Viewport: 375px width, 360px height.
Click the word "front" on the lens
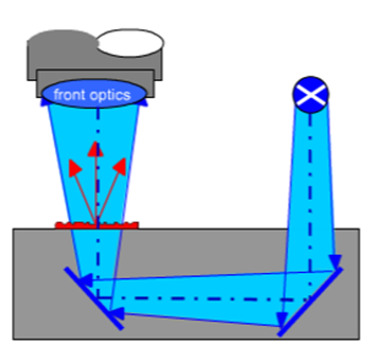pos(67,94)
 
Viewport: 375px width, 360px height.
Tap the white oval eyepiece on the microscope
pos(131,42)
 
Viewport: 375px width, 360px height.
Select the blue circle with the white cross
pos(311,94)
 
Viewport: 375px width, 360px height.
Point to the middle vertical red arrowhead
pos(96,149)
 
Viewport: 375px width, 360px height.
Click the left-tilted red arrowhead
pos(75,168)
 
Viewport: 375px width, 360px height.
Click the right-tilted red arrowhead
pos(120,166)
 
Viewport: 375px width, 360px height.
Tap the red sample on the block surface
pos(96,225)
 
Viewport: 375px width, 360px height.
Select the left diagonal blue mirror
pos(94,298)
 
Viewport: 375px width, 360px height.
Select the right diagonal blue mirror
pos(310,301)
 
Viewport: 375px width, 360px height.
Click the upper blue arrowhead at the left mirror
pos(86,280)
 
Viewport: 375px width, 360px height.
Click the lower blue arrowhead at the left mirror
pos(116,313)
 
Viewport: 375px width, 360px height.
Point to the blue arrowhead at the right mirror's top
pos(335,262)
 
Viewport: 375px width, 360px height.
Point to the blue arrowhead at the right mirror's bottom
pos(282,320)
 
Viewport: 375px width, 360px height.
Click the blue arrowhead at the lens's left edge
pos(45,102)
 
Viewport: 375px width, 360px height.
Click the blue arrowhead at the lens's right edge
pos(144,102)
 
